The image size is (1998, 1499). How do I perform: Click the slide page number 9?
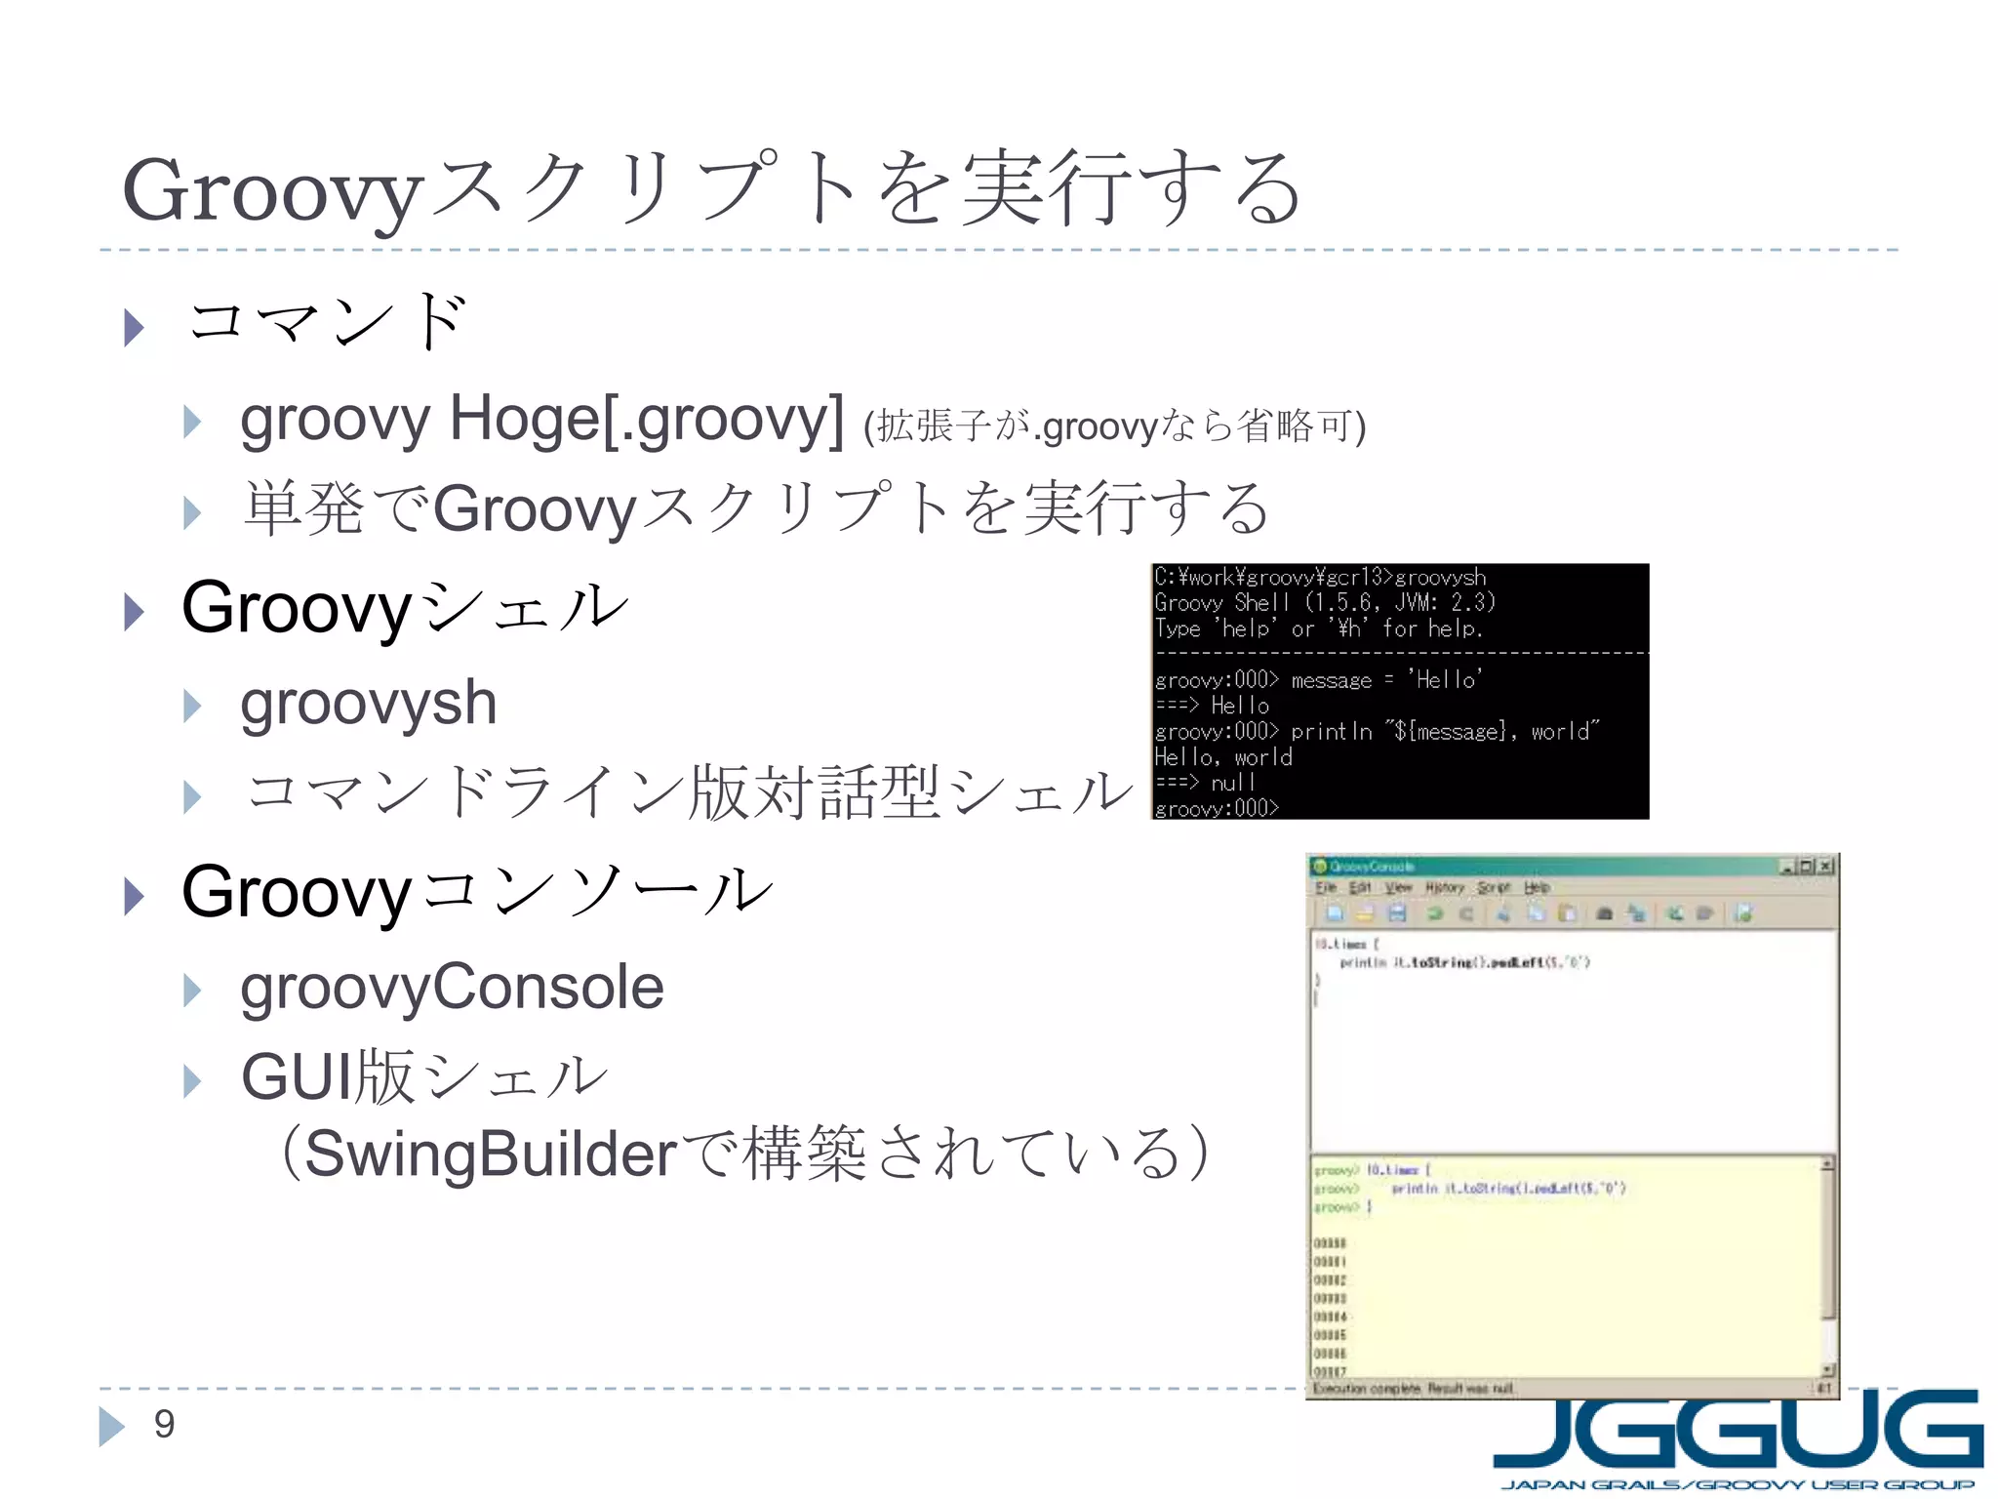[164, 1424]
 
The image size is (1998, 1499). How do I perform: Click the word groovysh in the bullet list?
[368, 703]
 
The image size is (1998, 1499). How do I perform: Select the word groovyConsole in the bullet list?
[452, 987]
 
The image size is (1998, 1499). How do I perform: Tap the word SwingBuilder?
[490, 1154]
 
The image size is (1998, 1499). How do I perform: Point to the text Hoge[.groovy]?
[646, 420]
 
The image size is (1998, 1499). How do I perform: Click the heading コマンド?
[328, 321]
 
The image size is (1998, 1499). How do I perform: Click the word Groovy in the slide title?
[272, 191]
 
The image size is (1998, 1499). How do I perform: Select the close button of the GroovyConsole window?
[1825, 866]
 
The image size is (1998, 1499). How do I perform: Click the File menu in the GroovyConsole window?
[1325, 887]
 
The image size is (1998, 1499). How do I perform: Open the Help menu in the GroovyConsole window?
[1537, 887]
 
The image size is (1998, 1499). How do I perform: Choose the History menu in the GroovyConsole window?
[1444, 887]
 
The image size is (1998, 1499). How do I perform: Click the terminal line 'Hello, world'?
[1222, 757]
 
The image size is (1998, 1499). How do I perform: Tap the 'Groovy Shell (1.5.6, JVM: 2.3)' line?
[1324, 602]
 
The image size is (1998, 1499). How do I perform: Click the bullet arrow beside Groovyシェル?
[135, 612]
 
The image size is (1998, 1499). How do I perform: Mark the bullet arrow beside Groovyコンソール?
[135, 896]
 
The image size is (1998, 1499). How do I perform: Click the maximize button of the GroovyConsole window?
[1806, 866]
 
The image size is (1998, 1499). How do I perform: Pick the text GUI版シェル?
[424, 1077]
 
